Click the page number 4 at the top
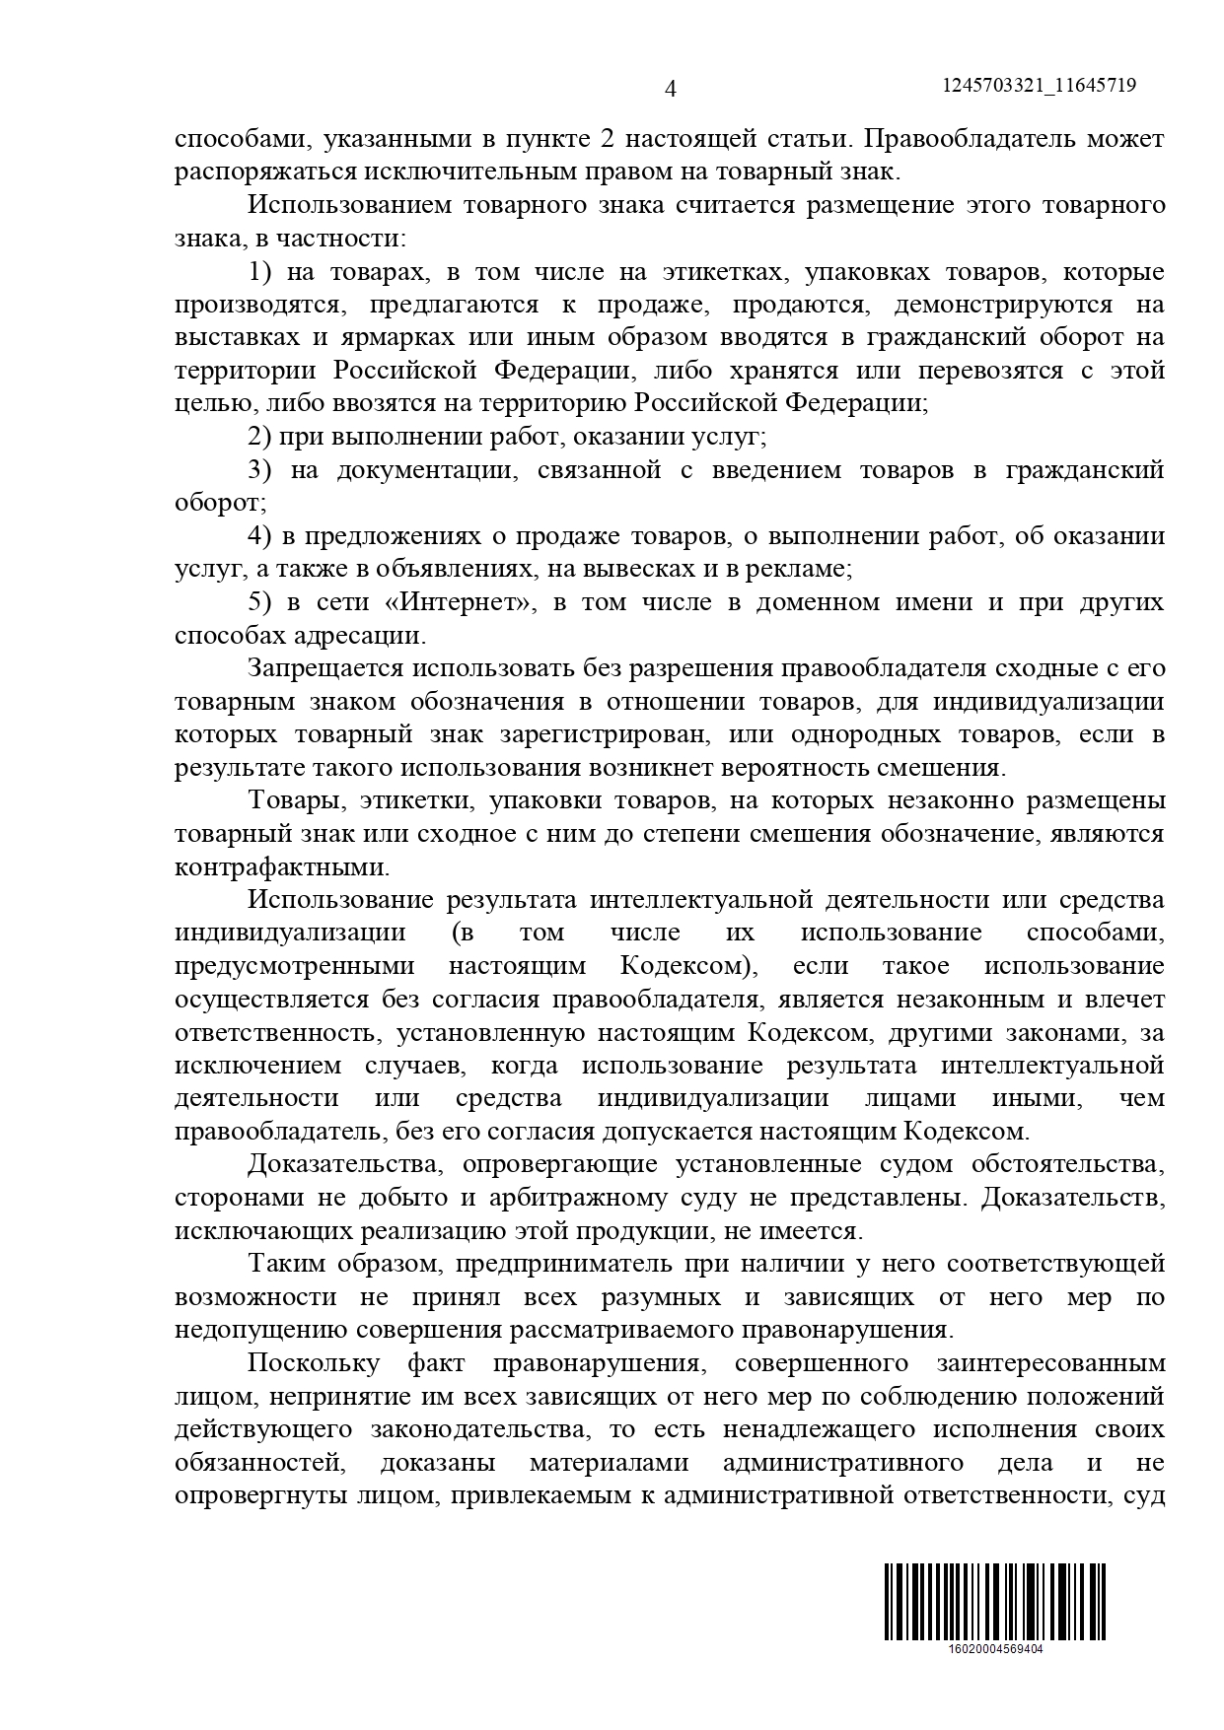[671, 90]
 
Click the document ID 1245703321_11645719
[1039, 86]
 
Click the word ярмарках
[399, 337]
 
